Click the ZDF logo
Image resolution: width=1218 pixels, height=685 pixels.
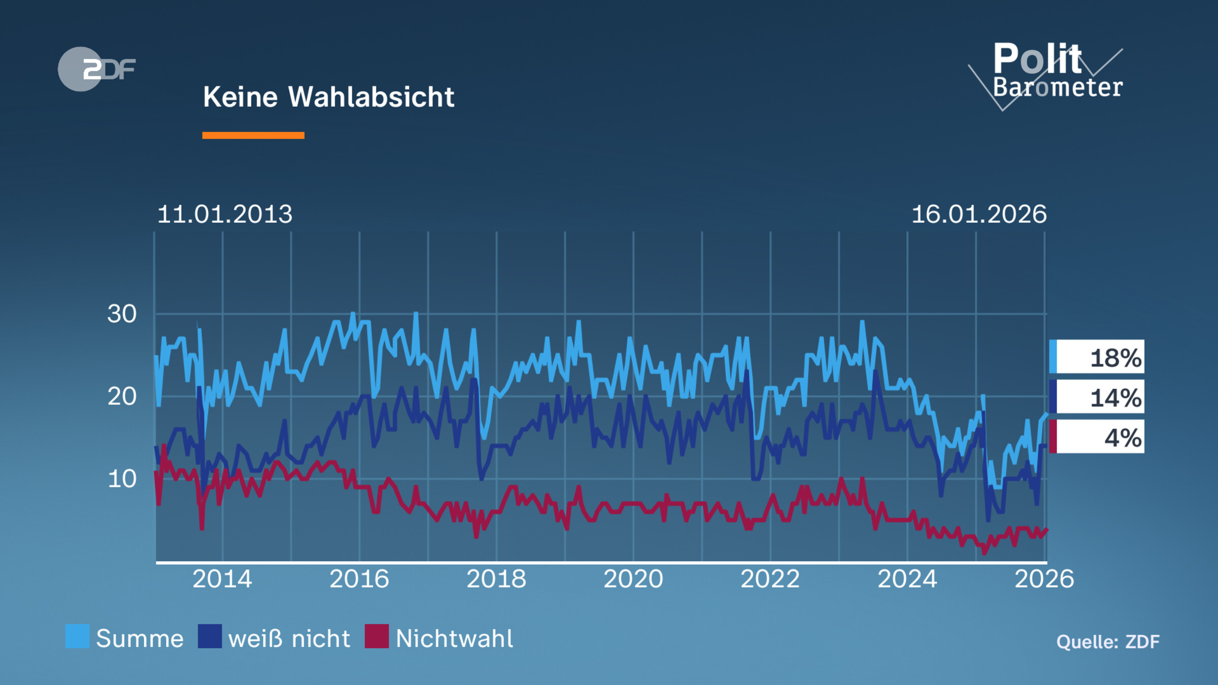pos(96,69)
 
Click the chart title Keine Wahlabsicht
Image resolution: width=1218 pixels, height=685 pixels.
pos(328,97)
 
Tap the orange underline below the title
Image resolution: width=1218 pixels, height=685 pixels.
pos(253,135)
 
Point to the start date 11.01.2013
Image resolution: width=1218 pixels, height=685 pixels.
pos(225,214)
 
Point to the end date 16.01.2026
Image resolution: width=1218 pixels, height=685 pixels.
pos(979,214)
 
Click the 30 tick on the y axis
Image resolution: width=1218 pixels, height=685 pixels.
pos(122,314)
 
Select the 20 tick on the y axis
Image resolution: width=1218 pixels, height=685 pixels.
pos(122,396)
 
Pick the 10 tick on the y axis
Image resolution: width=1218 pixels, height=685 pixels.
pos(122,479)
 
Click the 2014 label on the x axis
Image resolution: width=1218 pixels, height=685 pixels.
pos(222,579)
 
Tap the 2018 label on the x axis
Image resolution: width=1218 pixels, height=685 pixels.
pos(496,579)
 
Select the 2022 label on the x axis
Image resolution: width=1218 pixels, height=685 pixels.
pos(770,579)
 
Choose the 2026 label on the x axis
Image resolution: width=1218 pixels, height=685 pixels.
pos(1044,579)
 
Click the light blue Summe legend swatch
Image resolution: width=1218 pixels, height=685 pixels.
pos(77,636)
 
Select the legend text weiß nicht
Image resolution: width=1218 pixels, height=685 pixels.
pos(289,639)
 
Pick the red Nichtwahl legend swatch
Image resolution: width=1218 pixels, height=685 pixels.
pos(377,636)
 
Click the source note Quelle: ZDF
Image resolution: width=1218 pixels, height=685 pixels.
pos(1108,642)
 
